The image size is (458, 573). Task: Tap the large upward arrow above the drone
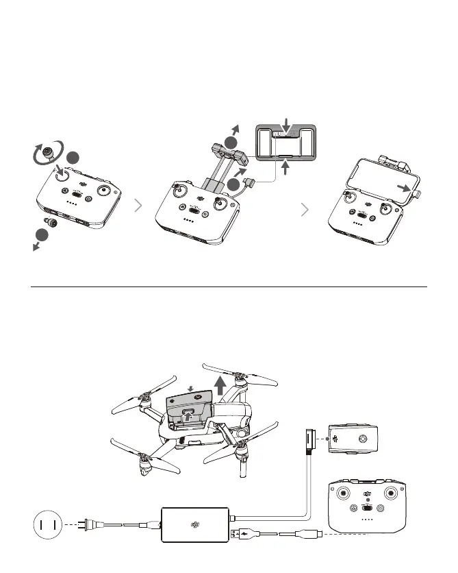click(220, 386)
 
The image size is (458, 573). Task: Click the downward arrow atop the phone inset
click(287, 124)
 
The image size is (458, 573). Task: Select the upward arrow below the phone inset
click(287, 167)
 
